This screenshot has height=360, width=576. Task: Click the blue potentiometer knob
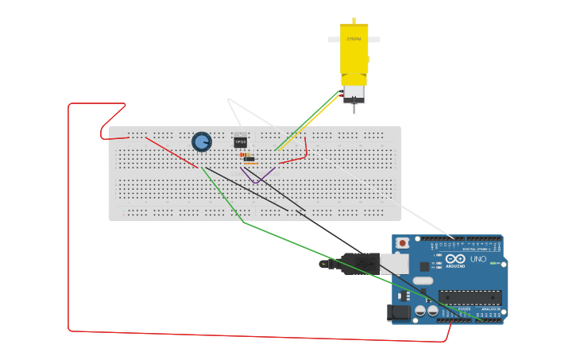(202, 141)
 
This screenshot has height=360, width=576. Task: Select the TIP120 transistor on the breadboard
(240, 142)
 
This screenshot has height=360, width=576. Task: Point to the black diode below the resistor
(249, 159)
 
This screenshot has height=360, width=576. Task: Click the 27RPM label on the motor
(354, 39)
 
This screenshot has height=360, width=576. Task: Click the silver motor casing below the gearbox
(354, 93)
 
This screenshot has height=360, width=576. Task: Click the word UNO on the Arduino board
(478, 259)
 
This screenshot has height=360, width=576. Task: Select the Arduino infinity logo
(455, 259)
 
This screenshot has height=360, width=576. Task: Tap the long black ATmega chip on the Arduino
(470, 297)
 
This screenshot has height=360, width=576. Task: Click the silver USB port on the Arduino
(394, 264)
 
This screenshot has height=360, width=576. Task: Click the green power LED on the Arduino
(493, 263)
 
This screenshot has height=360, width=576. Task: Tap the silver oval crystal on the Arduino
(423, 281)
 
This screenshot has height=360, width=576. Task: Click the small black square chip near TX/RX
(425, 266)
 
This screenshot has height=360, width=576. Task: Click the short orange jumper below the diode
(250, 164)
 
